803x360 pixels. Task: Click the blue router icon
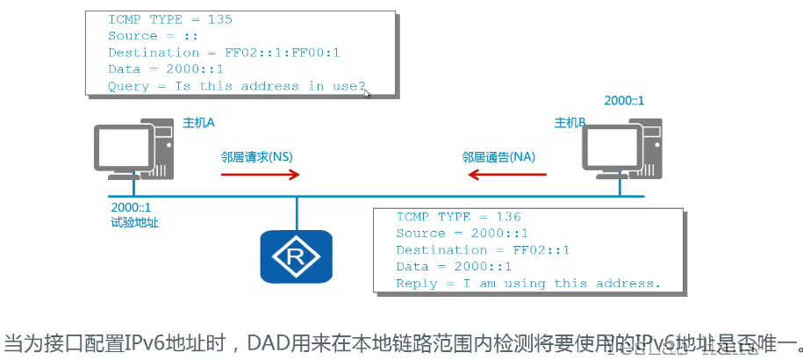(296, 256)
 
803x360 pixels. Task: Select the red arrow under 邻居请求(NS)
(261, 175)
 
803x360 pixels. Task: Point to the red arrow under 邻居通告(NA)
(506, 175)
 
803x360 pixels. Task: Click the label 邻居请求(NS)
(256, 156)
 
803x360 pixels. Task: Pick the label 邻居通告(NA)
(498, 156)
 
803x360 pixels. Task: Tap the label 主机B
(570, 122)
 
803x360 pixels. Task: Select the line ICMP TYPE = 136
(458, 217)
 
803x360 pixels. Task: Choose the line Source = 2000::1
(462, 234)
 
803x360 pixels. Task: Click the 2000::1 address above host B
(624, 100)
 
